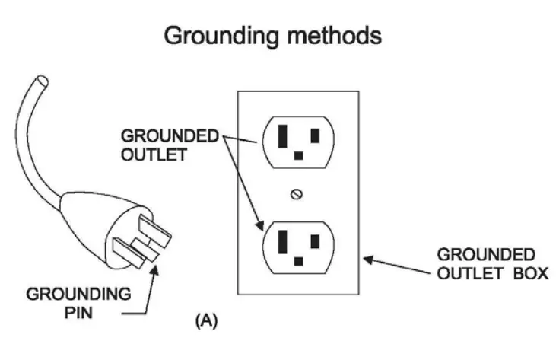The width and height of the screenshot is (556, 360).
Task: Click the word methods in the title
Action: point(335,36)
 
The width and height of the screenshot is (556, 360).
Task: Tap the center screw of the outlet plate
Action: point(297,194)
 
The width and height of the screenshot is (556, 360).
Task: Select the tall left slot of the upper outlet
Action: point(283,135)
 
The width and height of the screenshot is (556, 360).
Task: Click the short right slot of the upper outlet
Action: point(315,135)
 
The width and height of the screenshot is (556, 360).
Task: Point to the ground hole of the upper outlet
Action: point(299,155)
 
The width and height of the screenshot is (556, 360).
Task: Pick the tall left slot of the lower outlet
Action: point(283,242)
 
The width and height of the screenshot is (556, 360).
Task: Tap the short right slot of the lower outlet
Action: point(315,241)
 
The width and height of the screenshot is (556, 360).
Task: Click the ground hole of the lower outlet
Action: point(299,261)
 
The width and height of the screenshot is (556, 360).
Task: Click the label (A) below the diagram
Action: point(206,320)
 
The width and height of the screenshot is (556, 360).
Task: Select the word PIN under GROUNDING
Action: point(78,313)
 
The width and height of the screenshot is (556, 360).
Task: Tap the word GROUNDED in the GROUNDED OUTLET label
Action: point(170,136)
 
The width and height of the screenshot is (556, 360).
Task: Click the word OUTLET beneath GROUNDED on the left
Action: point(154,155)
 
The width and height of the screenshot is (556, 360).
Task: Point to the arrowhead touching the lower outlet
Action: point(260,225)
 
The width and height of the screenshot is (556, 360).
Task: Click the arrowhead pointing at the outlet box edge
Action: point(369,260)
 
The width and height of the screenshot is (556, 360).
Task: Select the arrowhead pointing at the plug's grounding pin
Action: point(154,270)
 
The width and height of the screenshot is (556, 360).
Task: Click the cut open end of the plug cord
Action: point(42,81)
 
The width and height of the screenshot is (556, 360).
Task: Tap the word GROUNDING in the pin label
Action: point(78,295)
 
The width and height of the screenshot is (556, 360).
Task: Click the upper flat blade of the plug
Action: point(155,231)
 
